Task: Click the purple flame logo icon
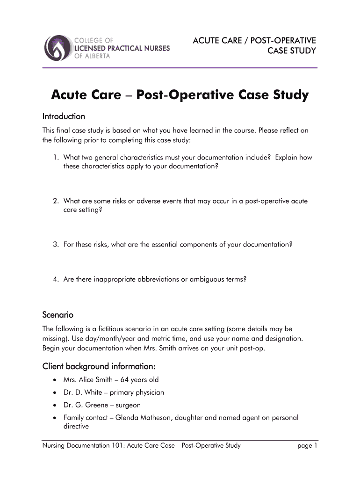click(x=58, y=48)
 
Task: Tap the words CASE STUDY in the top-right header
click(x=291, y=51)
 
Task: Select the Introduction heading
click(x=64, y=116)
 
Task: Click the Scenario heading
click(x=58, y=314)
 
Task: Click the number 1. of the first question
click(x=55, y=158)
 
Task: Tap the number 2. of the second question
click(x=55, y=201)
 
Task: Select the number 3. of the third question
click(x=55, y=245)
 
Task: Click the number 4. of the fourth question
click(x=55, y=279)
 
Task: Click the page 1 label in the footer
click(x=307, y=446)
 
